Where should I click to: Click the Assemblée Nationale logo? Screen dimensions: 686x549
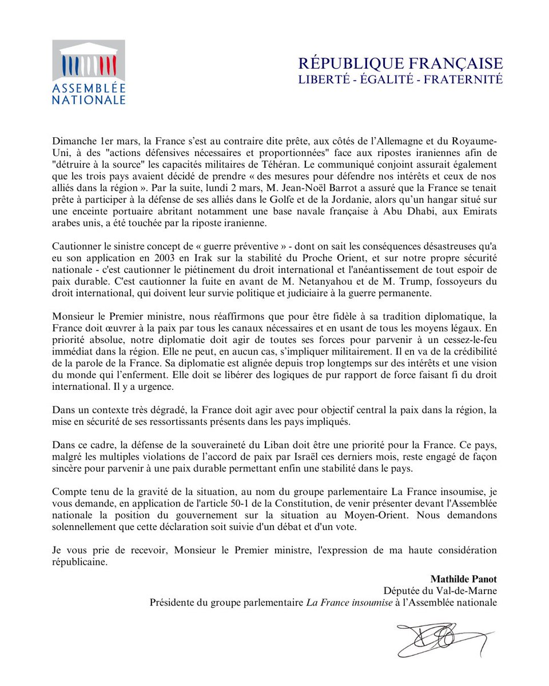(89, 72)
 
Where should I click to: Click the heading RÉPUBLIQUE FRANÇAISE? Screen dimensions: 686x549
(400, 63)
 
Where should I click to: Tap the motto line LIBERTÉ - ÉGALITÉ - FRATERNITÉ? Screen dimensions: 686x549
(400, 79)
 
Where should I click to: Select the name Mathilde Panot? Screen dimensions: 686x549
(463, 579)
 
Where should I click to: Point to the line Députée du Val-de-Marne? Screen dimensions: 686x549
(440, 590)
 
